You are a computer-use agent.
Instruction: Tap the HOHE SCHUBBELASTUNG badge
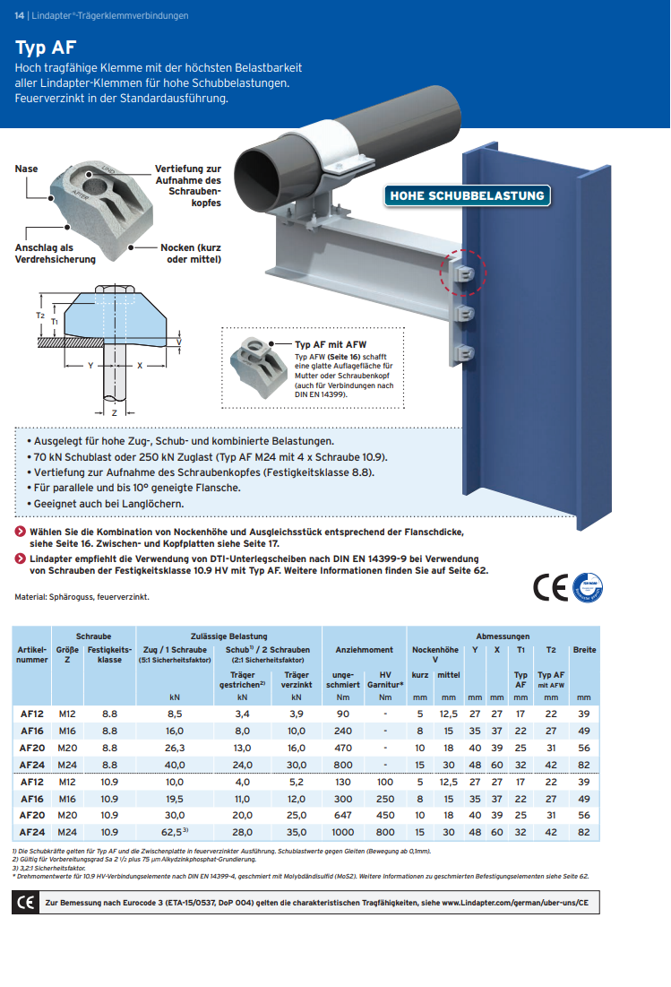click(x=466, y=195)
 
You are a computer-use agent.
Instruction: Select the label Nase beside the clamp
click(x=26, y=169)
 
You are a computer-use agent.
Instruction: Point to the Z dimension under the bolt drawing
click(x=115, y=411)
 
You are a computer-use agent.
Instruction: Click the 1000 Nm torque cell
click(x=342, y=831)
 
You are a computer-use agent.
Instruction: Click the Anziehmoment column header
click(x=364, y=649)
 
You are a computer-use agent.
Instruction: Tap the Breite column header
click(x=584, y=649)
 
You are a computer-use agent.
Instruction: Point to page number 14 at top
click(x=19, y=15)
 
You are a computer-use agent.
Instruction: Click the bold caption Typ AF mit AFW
click(x=331, y=343)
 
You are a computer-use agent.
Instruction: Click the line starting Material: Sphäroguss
click(x=82, y=596)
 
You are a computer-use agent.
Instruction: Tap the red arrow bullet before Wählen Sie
click(x=20, y=532)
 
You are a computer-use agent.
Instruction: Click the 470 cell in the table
click(x=342, y=747)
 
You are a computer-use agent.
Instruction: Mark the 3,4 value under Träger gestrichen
click(x=242, y=714)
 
